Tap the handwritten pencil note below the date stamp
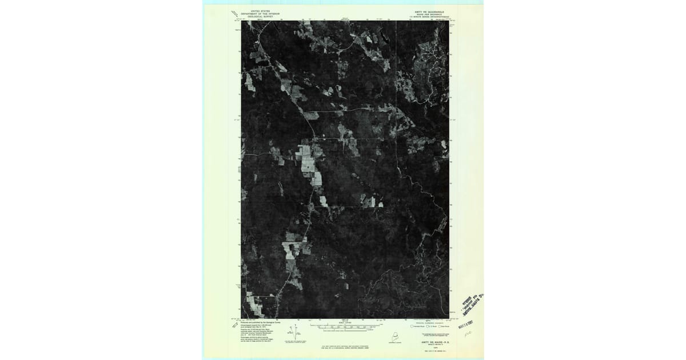pyautogui.click(x=468, y=333)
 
